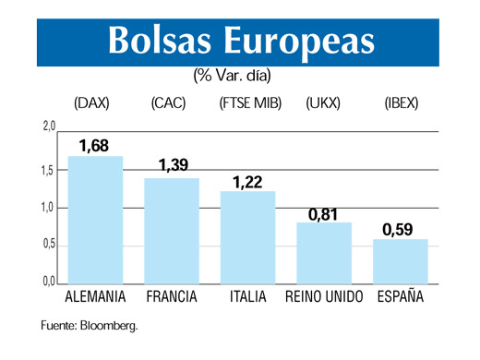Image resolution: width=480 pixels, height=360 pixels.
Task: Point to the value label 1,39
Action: click(x=173, y=166)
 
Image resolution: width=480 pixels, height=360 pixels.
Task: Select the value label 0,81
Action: click(x=324, y=213)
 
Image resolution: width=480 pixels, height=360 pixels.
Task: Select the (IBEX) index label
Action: click(x=401, y=103)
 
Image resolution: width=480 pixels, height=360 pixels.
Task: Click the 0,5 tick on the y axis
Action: click(x=49, y=245)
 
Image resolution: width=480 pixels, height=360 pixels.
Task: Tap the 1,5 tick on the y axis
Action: click(x=49, y=170)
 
